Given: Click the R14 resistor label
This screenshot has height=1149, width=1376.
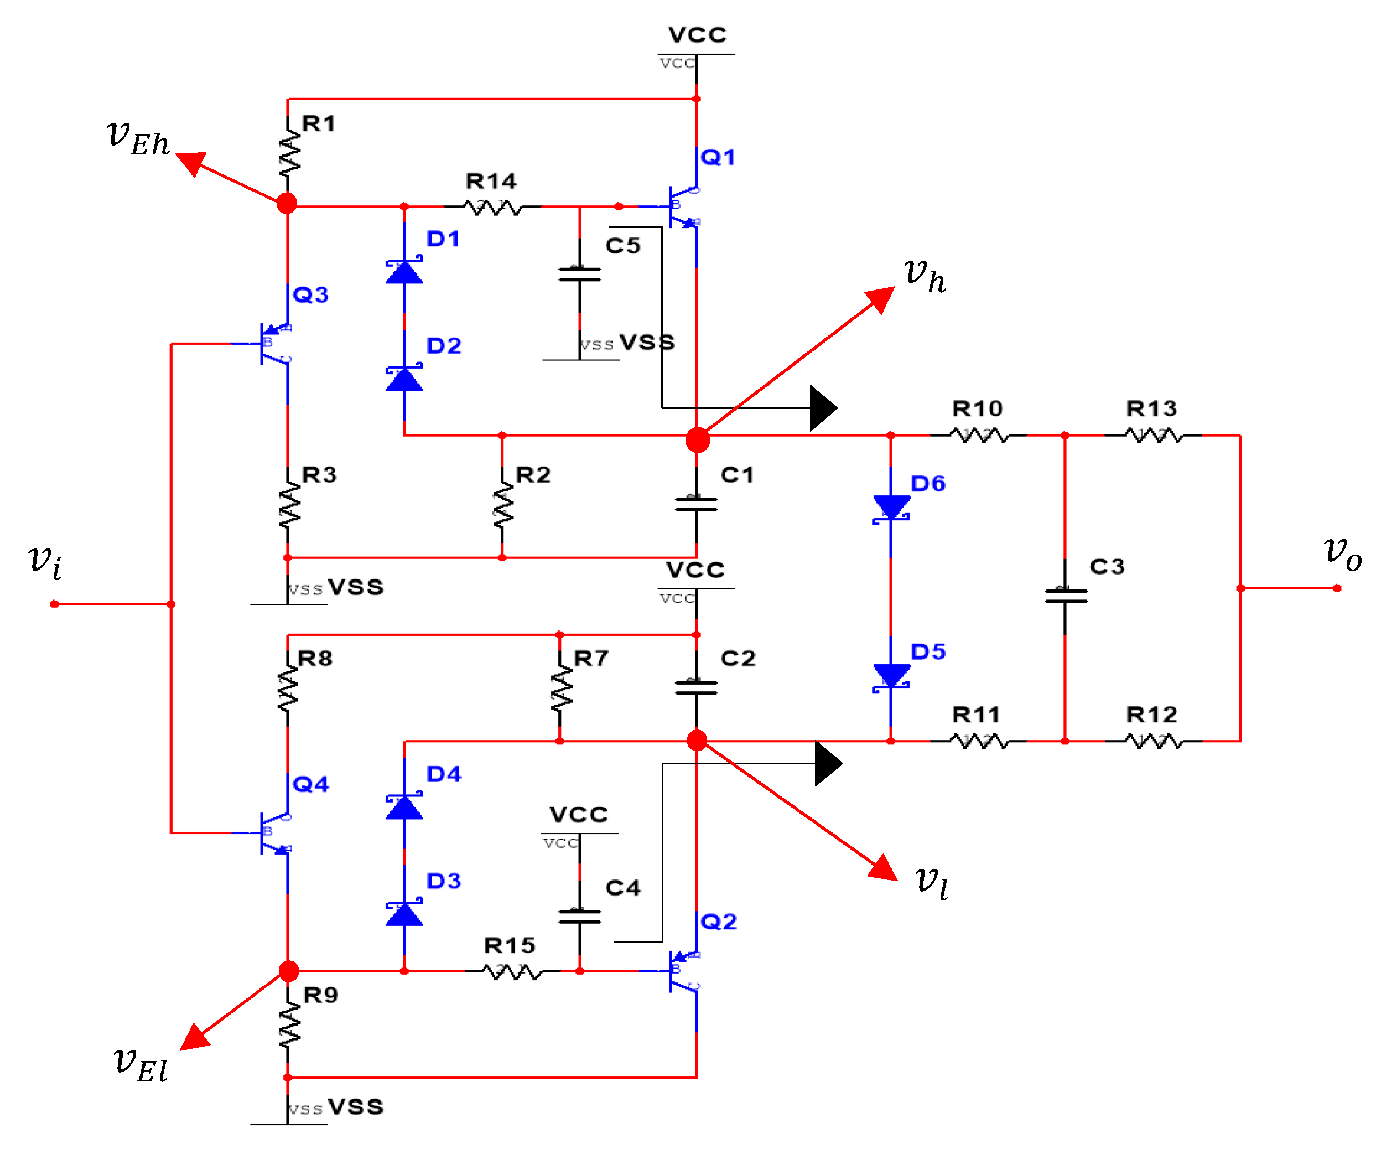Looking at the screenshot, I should (x=491, y=181).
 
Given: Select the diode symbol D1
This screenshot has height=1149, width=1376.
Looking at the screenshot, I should (x=404, y=271).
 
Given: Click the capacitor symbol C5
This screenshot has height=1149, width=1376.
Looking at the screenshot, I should (x=579, y=274).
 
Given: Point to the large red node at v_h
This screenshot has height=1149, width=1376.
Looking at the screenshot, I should (x=697, y=440).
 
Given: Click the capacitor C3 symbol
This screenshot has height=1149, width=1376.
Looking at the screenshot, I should (x=1066, y=595).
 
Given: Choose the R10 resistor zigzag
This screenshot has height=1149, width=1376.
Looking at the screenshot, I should (x=978, y=435).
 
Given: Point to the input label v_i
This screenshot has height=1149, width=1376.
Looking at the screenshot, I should (x=46, y=562).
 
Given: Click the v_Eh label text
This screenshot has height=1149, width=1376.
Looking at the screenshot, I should (x=138, y=138).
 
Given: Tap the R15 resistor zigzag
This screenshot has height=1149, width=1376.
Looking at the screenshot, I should (x=512, y=971).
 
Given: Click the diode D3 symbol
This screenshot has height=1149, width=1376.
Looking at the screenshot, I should (x=404, y=913).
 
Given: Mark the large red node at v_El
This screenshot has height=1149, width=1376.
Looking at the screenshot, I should (x=288, y=971).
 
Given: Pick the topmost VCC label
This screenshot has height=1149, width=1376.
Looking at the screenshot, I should (x=697, y=35).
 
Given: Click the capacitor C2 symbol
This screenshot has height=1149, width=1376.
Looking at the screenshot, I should (x=696, y=687).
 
